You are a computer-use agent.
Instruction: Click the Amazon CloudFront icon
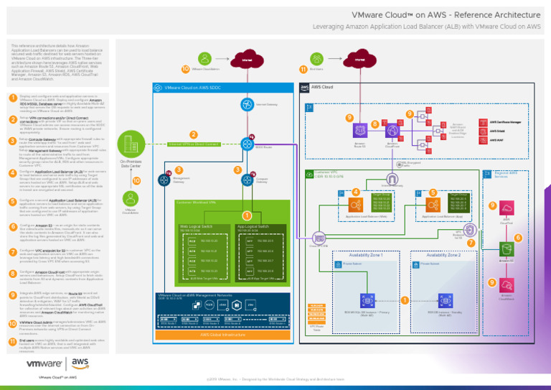[392, 131]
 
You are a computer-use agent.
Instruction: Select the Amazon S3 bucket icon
[506, 268]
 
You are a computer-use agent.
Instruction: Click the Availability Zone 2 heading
[443, 255]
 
